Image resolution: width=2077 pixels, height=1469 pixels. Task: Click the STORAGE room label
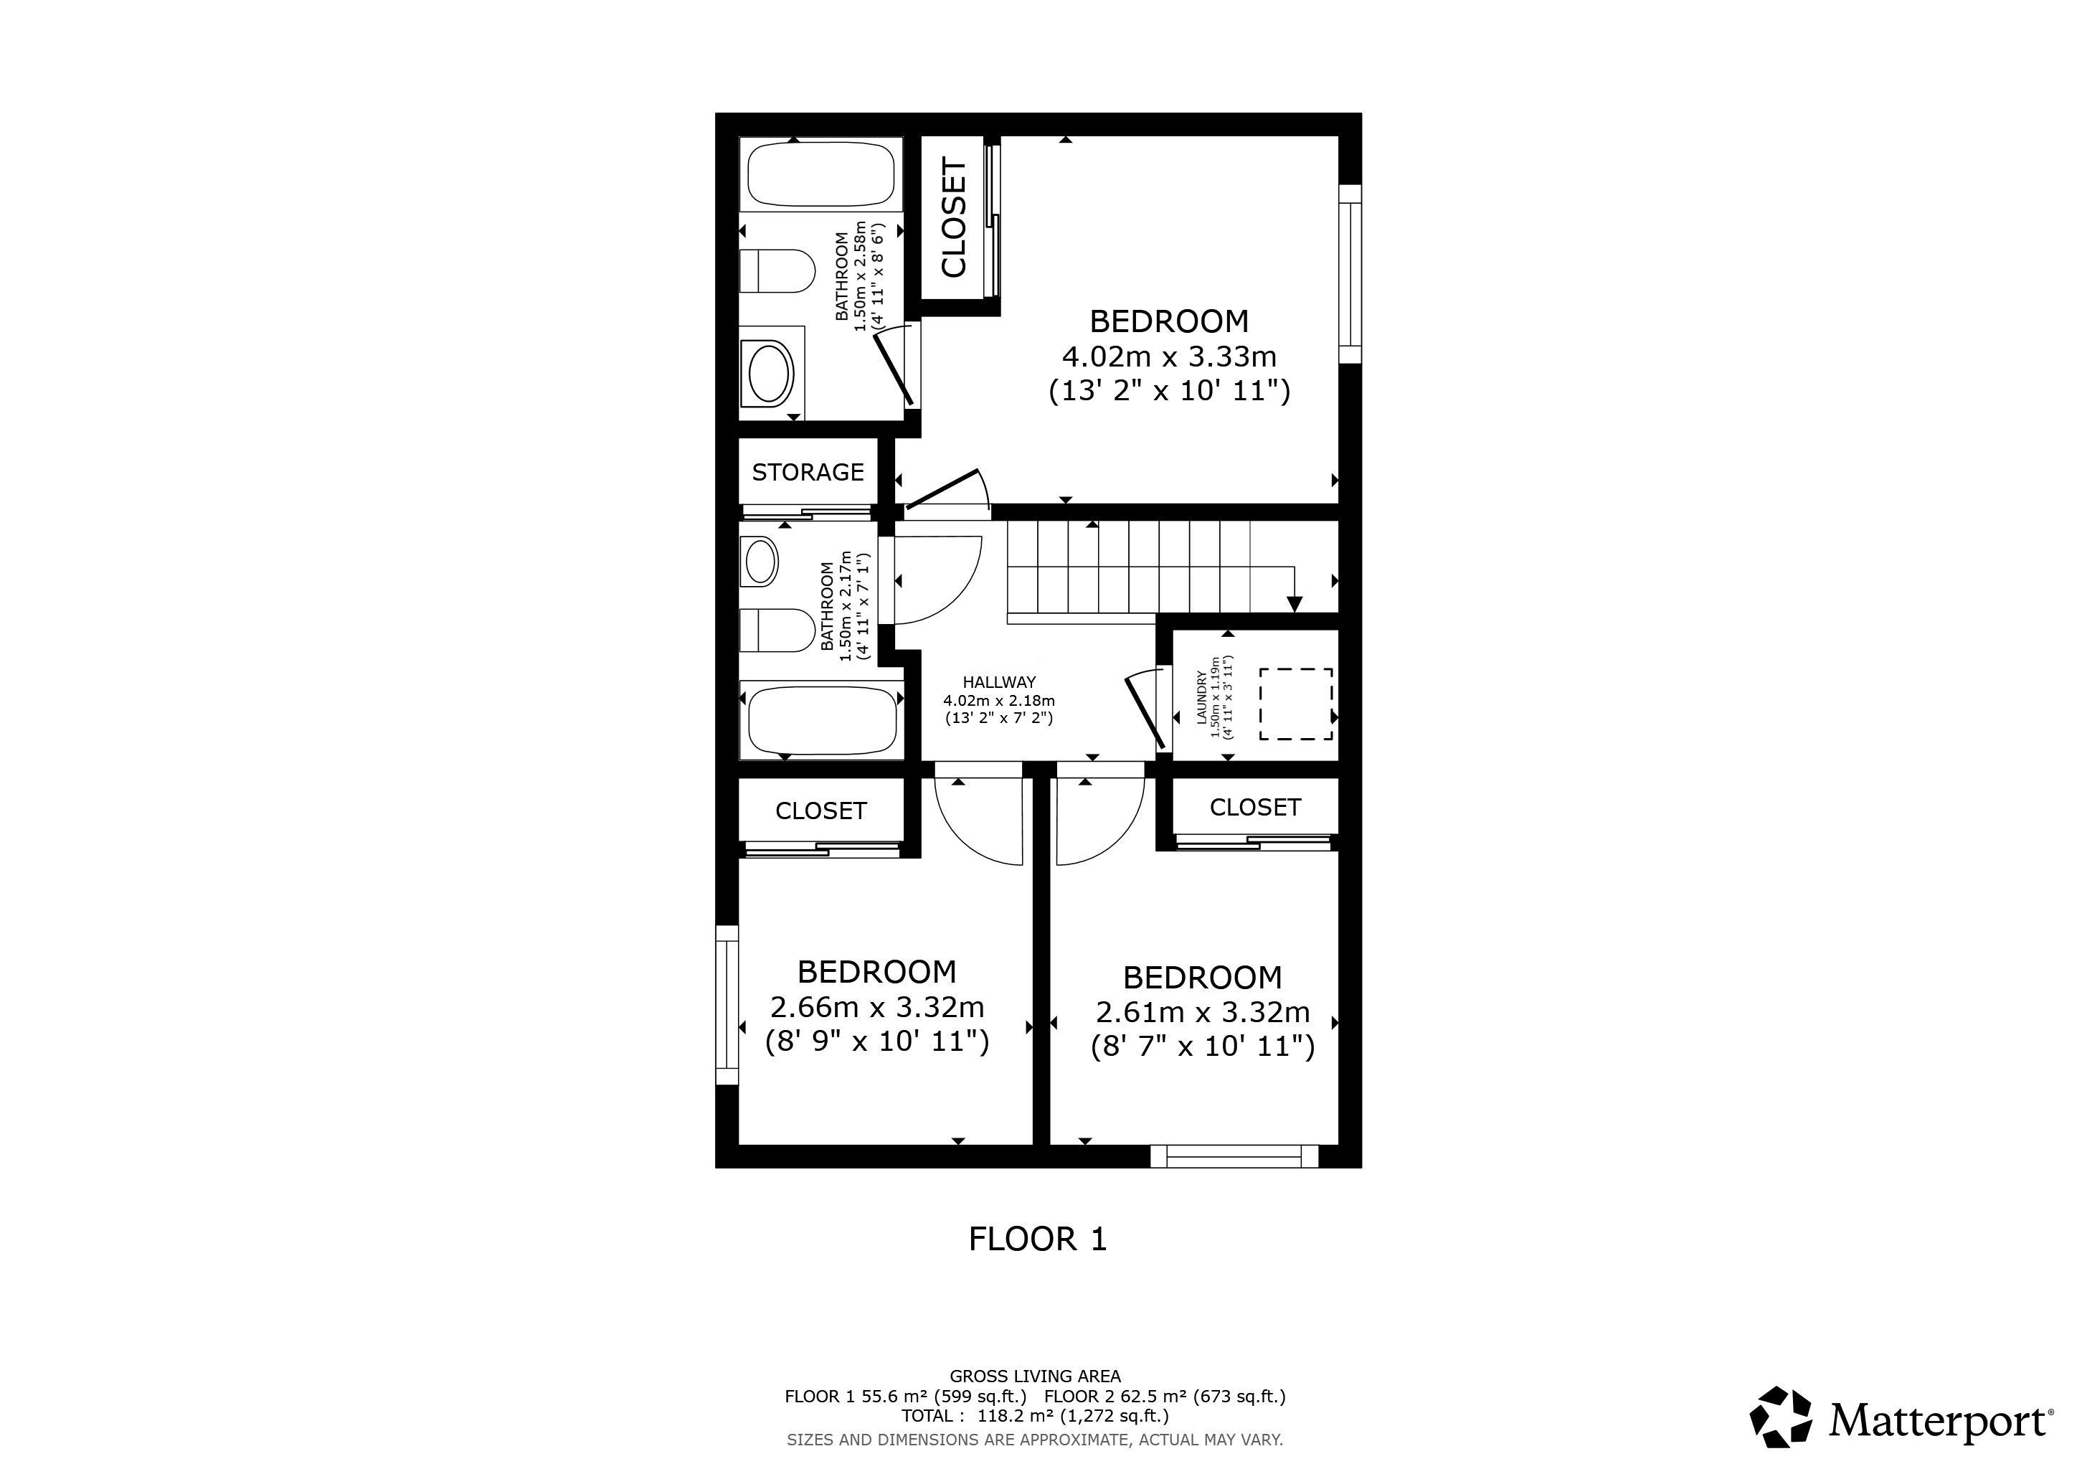[x=808, y=472]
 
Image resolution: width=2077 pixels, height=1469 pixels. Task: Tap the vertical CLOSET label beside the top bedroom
[x=955, y=217]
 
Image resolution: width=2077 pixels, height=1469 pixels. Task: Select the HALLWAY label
[x=999, y=683]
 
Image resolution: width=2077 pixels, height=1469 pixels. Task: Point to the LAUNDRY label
[x=1202, y=697]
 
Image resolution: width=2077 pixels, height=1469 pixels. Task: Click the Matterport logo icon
[x=1780, y=1442]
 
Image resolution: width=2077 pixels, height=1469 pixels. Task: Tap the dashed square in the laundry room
[x=1295, y=704]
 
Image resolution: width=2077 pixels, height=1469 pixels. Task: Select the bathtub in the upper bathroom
[x=821, y=174]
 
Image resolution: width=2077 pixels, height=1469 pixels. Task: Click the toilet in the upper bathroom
[x=777, y=271]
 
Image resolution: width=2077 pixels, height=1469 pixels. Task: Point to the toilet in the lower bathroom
[x=777, y=630]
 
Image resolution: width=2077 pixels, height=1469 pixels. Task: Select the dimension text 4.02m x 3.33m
[x=1169, y=356]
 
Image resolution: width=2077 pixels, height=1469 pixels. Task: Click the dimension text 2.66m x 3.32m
[x=876, y=1007]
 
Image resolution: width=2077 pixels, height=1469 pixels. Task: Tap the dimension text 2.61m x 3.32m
[x=1202, y=1011]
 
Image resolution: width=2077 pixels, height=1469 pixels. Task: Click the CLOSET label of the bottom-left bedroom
[x=820, y=811]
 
